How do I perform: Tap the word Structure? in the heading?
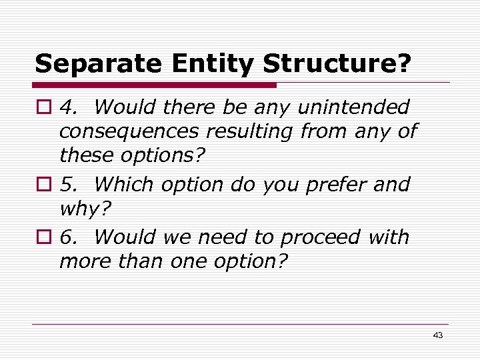tap(337, 63)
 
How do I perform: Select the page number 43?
tap(437, 335)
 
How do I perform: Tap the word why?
tap(85, 210)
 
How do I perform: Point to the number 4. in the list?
tap(68, 107)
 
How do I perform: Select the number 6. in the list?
tap(68, 237)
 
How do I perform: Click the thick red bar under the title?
tap(155, 85)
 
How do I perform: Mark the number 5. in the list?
tap(68, 184)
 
